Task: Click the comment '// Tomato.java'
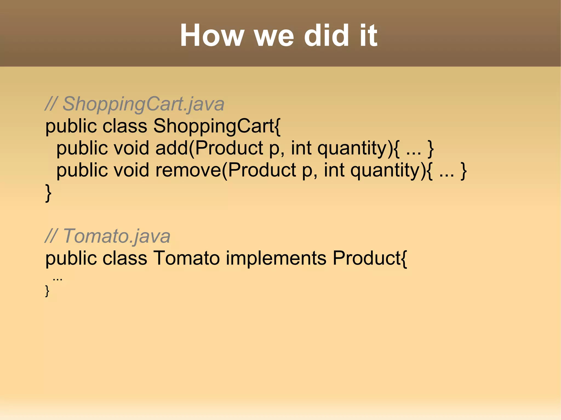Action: pos(108,236)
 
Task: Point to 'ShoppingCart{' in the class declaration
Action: pos(217,126)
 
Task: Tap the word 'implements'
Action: pos(276,258)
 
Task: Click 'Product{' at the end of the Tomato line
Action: pos(370,258)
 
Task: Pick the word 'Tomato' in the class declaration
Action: pos(186,258)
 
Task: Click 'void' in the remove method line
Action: pos(131,170)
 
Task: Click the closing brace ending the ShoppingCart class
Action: pos(48,193)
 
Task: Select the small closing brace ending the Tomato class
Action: pos(47,291)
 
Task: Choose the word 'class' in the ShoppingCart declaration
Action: pos(125,126)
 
